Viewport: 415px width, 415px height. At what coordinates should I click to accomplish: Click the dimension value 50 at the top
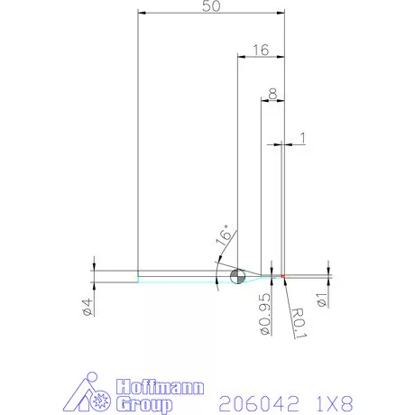pos(210,7)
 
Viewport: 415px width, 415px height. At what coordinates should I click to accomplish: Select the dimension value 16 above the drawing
pos(260,51)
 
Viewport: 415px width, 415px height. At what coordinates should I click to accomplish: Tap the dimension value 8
pos(272,91)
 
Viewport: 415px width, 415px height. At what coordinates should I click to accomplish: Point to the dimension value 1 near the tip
pos(302,137)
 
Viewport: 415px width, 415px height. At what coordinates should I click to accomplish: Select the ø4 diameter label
pos(87,307)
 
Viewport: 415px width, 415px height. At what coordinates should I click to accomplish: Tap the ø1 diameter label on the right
pos(321,298)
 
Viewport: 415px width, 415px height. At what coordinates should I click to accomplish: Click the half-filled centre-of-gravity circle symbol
pos(238,276)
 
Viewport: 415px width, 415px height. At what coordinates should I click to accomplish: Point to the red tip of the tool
pos(282,275)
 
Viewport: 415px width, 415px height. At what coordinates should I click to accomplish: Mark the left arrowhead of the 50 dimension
pos(142,14)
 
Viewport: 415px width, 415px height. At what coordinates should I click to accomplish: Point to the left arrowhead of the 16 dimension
pos(241,58)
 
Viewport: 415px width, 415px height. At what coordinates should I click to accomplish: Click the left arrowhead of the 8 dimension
pos(263,99)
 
